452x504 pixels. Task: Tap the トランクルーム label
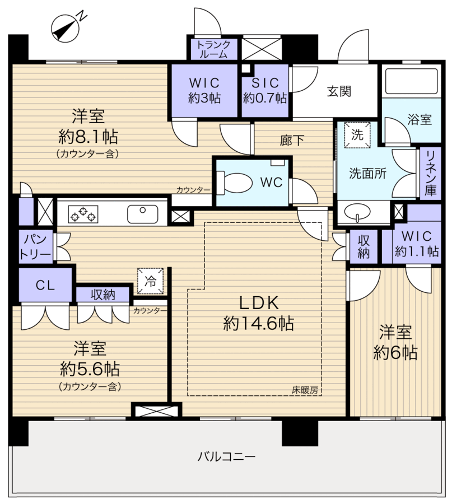[x=213, y=49]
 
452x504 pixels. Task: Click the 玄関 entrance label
[x=339, y=91]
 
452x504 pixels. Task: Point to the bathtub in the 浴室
[x=409, y=85]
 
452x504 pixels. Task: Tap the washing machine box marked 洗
[x=357, y=134]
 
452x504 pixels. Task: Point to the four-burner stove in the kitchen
[x=82, y=213]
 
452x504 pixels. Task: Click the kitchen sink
[x=143, y=213]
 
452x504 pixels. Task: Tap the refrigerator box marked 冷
[x=151, y=280]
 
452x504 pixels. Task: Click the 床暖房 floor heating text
[x=305, y=390]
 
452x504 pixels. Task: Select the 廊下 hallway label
[x=292, y=141]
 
